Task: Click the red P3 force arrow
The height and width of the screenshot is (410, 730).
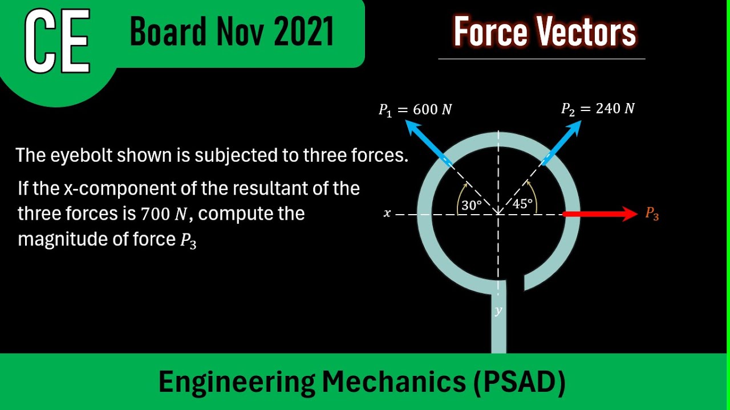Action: tap(599, 214)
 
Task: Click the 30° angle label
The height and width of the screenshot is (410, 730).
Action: tap(472, 205)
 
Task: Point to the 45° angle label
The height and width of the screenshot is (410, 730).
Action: tap(522, 204)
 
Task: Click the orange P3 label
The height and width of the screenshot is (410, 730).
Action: tap(652, 214)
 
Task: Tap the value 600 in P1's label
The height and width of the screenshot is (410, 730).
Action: tap(425, 109)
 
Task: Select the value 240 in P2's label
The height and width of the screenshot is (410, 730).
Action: tap(608, 108)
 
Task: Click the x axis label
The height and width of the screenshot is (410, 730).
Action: tap(387, 214)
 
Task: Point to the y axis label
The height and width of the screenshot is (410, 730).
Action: tap(498, 310)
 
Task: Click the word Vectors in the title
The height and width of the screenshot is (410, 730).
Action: tap(587, 32)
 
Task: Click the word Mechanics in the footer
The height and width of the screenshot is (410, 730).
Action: tap(394, 382)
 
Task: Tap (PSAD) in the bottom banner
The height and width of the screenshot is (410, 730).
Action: tap(519, 382)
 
